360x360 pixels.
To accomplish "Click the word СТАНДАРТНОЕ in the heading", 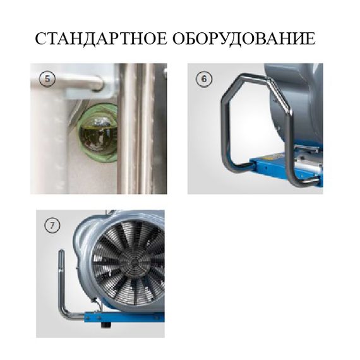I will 100,39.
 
